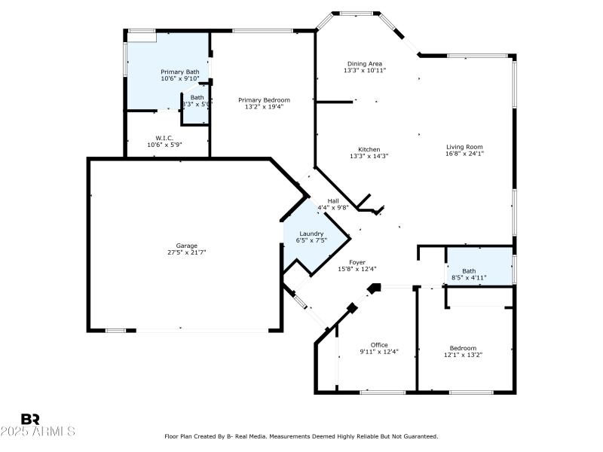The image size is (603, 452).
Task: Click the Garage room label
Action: coord(187,246)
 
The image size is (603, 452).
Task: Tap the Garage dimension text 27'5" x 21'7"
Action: coord(187,252)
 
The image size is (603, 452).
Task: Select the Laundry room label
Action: coord(311,234)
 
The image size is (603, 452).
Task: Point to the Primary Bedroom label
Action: coord(264,99)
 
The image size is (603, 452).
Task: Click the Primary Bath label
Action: coord(179,72)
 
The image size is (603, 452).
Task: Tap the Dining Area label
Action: coord(365,63)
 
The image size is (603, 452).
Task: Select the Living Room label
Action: coord(464,147)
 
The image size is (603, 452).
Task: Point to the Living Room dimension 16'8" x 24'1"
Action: coord(464,154)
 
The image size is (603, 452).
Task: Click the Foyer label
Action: coord(357,261)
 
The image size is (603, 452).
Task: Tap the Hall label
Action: coord(332,200)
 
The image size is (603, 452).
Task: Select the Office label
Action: coord(378,344)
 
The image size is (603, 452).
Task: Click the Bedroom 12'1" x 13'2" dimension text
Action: coord(462,354)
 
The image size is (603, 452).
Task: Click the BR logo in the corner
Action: coord(30,419)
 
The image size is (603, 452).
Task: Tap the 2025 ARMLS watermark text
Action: coord(38,432)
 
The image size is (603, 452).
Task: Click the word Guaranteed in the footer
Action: coord(418,436)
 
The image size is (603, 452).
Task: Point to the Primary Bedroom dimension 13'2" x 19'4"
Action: coord(264,106)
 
